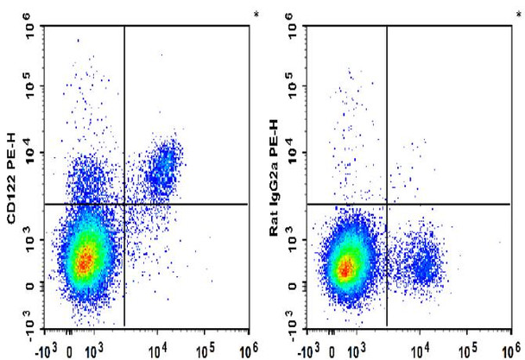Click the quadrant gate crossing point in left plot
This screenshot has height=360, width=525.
point(124,204)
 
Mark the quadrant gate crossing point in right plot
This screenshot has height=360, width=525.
point(387,204)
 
